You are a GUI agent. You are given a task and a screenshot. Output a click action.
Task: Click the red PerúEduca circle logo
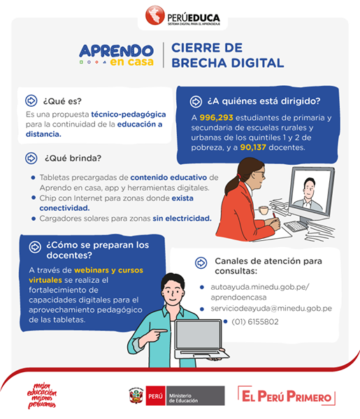coord(154,15)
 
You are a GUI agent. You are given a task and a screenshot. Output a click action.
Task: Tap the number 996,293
coord(217,117)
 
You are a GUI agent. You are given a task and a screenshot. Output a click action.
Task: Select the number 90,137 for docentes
coord(253,147)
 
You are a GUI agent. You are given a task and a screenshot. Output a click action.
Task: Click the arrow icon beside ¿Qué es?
coord(31,101)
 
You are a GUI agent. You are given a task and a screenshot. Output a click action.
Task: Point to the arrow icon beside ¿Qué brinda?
coord(31,159)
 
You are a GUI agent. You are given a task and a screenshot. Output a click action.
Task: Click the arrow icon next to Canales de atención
coord(201,263)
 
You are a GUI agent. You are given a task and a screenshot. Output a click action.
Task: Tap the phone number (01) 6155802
coord(255,322)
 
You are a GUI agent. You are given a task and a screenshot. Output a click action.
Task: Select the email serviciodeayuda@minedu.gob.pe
coord(271,309)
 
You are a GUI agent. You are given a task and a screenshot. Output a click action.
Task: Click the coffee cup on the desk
coord(264,210)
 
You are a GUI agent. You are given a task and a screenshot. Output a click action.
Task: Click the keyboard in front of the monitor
coord(296,226)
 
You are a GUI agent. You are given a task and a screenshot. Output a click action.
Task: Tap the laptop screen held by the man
coord(199,335)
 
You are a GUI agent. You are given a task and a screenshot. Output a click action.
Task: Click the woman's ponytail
coord(231,184)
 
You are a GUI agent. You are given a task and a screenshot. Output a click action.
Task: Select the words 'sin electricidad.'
coord(182,219)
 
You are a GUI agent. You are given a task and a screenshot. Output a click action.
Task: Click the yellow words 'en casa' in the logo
coord(132,62)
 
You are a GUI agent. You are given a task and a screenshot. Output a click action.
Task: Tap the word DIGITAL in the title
coord(257,63)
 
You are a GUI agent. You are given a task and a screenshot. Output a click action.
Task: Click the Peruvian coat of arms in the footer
coord(136,396)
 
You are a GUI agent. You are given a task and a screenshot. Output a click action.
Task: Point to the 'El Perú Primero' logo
coord(287,396)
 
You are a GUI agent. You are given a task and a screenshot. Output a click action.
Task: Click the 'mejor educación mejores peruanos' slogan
coord(42,396)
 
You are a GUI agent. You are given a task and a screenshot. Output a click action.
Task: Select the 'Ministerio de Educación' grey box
coord(195,396)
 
